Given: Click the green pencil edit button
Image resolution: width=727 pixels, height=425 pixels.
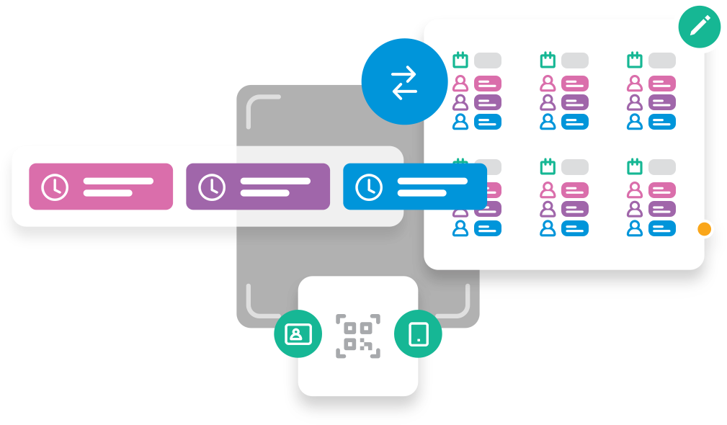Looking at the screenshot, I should pyautogui.click(x=699, y=27).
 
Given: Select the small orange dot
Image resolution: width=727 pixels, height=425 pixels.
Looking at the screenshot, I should pyautogui.click(x=705, y=229).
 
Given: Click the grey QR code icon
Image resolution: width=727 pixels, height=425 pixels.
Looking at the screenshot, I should pyautogui.click(x=358, y=336).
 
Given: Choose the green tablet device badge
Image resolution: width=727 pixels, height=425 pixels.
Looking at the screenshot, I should pyautogui.click(x=418, y=334).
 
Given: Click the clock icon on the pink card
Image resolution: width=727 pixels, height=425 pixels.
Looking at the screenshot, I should pyautogui.click(x=55, y=187).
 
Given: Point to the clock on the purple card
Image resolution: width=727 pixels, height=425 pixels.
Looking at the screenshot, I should pyautogui.click(x=212, y=187).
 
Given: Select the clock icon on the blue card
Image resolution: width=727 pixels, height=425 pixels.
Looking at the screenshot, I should pyautogui.click(x=369, y=187).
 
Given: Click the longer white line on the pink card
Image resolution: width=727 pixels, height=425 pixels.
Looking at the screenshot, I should pyautogui.click(x=118, y=181).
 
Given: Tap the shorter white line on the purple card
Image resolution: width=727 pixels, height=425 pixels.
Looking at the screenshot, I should pyautogui.click(x=264, y=192).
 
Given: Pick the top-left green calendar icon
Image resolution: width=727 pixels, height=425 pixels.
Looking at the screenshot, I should pyautogui.click(x=460, y=60).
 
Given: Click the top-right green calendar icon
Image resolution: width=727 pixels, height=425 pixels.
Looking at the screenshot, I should pyautogui.click(x=635, y=60).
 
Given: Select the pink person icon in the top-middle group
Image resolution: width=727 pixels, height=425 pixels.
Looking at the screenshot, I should pyautogui.click(x=548, y=84).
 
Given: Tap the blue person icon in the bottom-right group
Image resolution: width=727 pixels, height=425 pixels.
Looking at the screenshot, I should pyautogui.click(x=635, y=228).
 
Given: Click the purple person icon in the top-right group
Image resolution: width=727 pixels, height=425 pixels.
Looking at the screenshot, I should pyautogui.click(x=635, y=102).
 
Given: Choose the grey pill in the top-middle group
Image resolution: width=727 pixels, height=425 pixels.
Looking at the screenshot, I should pyautogui.click(x=575, y=61).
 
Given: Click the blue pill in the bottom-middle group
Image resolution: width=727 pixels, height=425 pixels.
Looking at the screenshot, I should pyautogui.click(x=575, y=228).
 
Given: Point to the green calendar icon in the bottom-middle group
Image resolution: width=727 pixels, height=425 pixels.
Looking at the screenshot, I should pyautogui.click(x=548, y=166).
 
